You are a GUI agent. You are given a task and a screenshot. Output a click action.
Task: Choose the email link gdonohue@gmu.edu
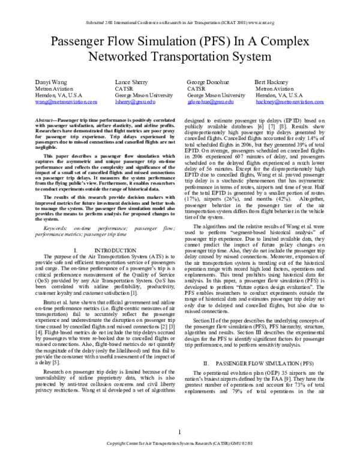[210, 103]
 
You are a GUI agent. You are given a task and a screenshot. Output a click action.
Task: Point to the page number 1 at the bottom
[180, 447]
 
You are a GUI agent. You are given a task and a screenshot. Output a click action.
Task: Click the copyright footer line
[180, 460]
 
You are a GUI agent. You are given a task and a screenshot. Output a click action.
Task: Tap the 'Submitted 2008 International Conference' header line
[180, 7]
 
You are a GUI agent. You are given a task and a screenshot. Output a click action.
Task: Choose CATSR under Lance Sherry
[124, 88]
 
